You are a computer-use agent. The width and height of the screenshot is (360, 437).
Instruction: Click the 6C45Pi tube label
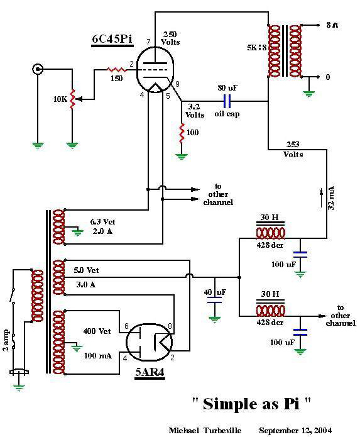pos(112,39)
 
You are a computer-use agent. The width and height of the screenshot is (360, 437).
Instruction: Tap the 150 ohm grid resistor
pos(117,70)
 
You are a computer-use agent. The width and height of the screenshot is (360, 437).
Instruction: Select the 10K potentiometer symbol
pos(73,99)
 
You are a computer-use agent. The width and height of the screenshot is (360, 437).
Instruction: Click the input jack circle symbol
pos(38,69)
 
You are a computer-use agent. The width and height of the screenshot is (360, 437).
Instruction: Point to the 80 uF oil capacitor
pos(227,101)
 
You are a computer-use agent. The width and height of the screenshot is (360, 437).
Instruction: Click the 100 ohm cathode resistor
pos(182,133)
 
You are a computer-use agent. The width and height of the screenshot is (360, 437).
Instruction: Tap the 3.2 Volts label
pos(195,111)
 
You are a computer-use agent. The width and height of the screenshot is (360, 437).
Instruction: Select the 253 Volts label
pos(293,150)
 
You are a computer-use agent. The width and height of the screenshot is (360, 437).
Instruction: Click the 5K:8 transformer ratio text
pos(256,47)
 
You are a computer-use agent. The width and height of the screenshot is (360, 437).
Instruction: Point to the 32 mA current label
pos(330,198)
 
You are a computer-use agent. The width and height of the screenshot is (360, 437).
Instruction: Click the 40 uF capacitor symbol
pos(215,300)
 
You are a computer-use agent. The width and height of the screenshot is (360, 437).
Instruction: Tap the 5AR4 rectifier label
pos(150,372)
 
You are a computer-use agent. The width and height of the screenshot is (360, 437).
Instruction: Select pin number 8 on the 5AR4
pos(170,326)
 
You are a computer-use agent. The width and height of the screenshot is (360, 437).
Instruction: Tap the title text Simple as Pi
pos(251,404)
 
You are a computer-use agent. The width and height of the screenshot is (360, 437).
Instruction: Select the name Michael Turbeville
pos(205,430)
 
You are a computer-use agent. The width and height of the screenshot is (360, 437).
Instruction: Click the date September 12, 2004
pos(295,430)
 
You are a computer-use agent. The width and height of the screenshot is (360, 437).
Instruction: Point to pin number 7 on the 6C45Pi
pos(148,41)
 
